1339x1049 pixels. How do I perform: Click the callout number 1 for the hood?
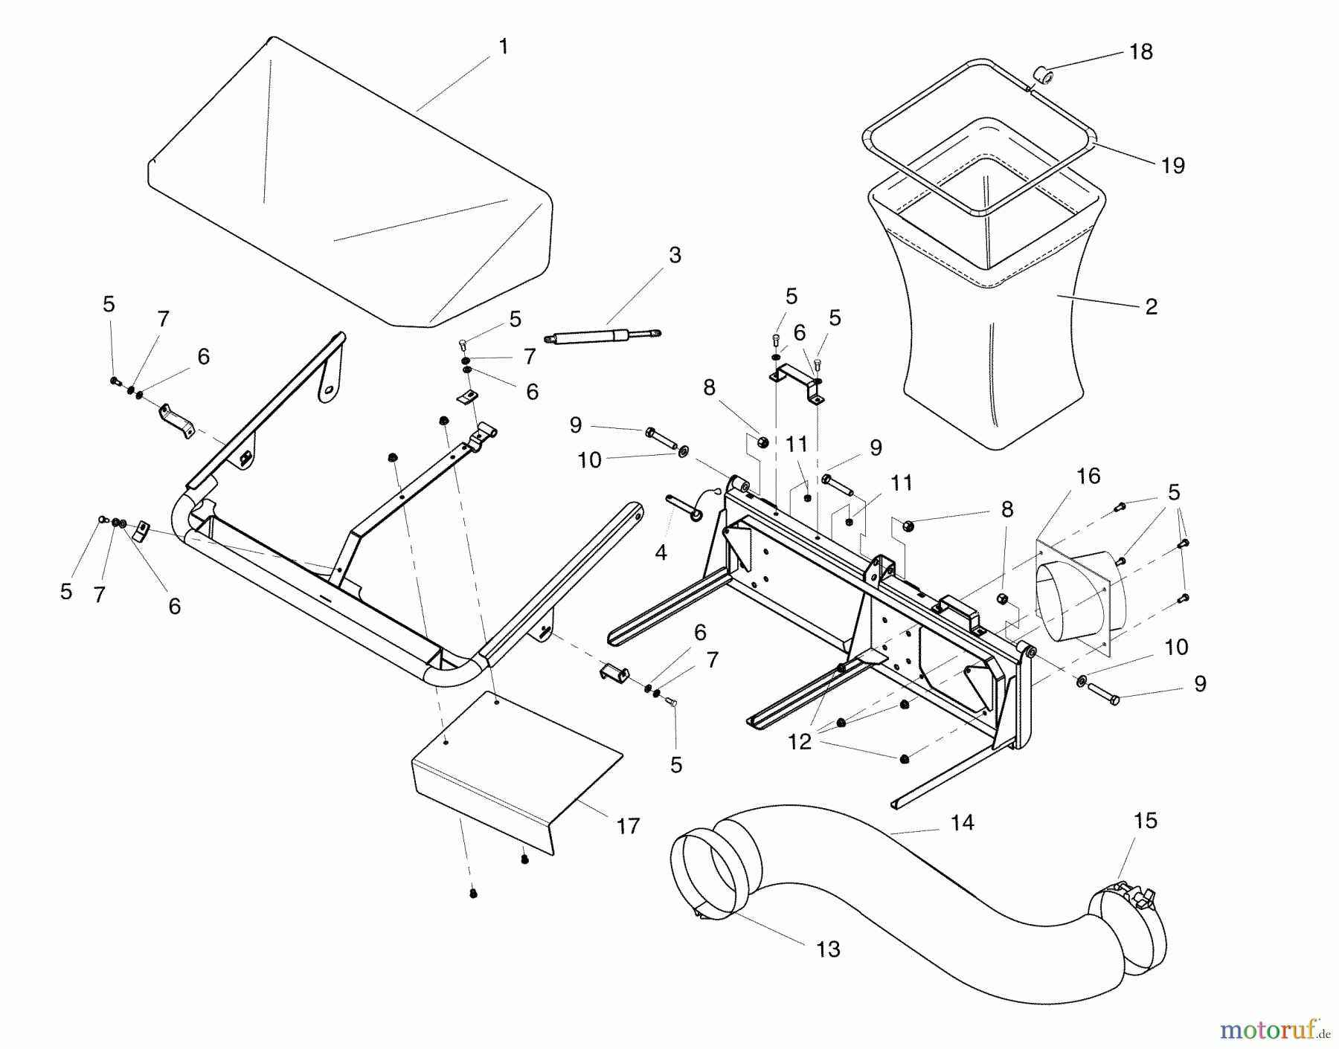tap(504, 47)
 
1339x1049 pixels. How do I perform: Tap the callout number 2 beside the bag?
tap(1151, 306)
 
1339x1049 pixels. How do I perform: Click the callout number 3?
tap(674, 255)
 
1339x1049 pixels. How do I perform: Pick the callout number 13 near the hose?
tap(828, 949)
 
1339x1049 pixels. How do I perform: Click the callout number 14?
tap(962, 822)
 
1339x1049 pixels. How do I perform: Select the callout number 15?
tap(1146, 821)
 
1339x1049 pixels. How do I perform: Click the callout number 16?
tap(1088, 476)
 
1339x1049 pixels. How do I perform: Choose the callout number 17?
tap(628, 826)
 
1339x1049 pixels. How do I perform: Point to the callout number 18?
tap(1140, 51)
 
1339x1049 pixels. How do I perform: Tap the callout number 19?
tap(1172, 165)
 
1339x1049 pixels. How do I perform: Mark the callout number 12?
tap(800, 743)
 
